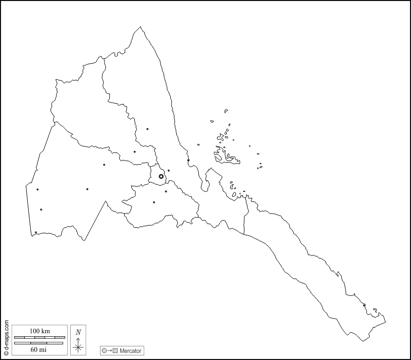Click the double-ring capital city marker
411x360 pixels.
coord(161,177)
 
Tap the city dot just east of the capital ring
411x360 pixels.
coord(169,171)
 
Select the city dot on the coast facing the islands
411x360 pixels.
coord(188,161)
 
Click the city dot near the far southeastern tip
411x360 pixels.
coord(364,305)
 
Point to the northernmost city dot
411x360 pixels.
coord(147,129)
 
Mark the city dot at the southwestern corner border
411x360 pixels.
coord(36,232)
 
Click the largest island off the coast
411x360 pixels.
coord(227,157)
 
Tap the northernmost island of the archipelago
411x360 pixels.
coord(226,111)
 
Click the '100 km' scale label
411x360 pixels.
coord(39,331)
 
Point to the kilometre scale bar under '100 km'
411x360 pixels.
coord(39,337)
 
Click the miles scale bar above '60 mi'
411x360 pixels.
coord(39,343)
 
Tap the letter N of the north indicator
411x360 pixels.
coord(78,332)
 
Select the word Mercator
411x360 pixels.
coord(130,350)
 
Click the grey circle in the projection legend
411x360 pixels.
coord(104,350)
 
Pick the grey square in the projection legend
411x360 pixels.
coord(115,350)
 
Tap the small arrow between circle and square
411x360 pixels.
coord(110,350)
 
